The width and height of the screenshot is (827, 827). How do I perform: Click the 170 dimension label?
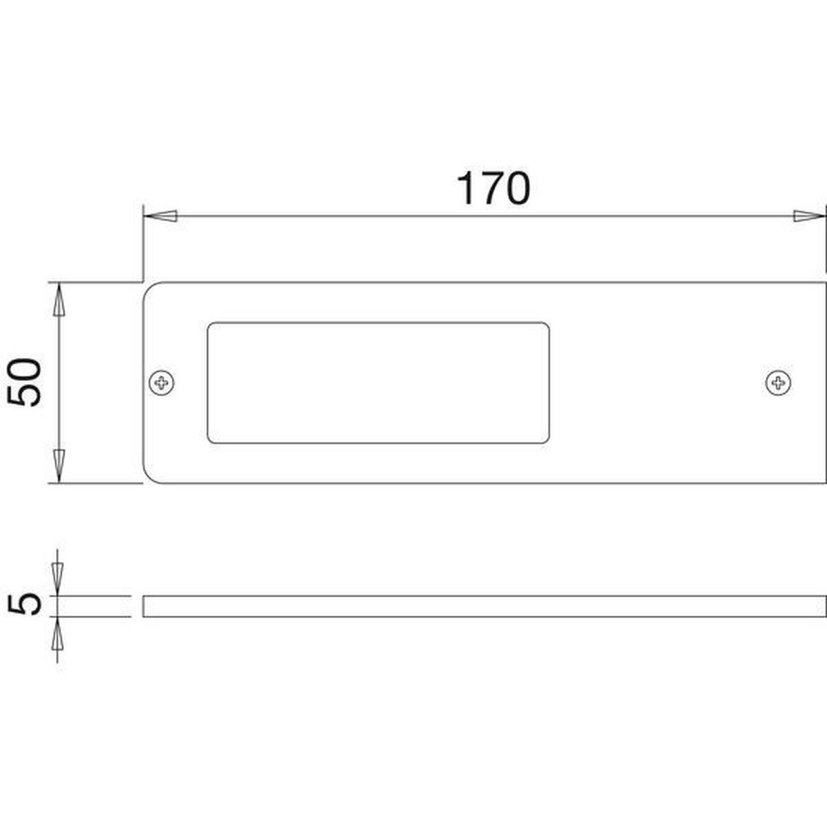tap(493, 188)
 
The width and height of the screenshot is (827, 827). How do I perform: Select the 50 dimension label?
tap(24, 382)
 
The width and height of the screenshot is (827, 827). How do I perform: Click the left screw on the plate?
tap(161, 382)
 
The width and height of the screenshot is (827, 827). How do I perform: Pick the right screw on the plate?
tap(778, 382)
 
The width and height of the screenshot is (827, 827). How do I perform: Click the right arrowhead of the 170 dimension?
tap(809, 216)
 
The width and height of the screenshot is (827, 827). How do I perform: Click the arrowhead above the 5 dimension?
tap(57, 579)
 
